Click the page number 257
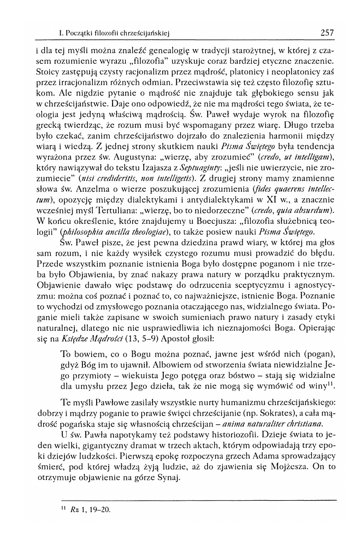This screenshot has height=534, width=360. tap(327, 32)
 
